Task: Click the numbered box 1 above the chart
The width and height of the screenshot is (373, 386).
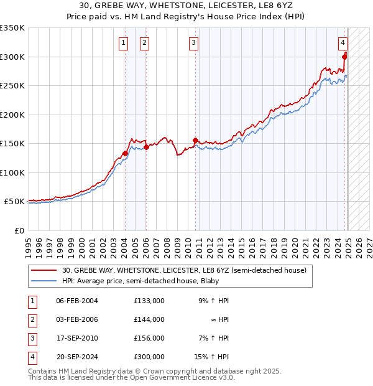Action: (x=124, y=43)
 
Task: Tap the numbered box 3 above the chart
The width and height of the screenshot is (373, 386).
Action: (x=194, y=43)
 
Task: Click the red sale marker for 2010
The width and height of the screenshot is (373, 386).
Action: (x=195, y=141)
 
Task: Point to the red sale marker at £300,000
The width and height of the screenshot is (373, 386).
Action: (x=344, y=57)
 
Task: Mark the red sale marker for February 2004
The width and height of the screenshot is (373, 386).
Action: (x=125, y=153)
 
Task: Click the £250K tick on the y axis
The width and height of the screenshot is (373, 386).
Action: (x=12, y=86)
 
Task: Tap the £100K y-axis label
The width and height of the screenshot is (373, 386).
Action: (x=12, y=172)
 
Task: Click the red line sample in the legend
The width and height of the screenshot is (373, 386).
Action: (x=44, y=271)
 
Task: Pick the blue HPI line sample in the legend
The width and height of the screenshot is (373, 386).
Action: (x=44, y=281)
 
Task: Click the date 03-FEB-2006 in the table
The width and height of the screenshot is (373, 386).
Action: (x=77, y=319)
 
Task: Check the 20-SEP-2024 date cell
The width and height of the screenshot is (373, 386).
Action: (x=77, y=357)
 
